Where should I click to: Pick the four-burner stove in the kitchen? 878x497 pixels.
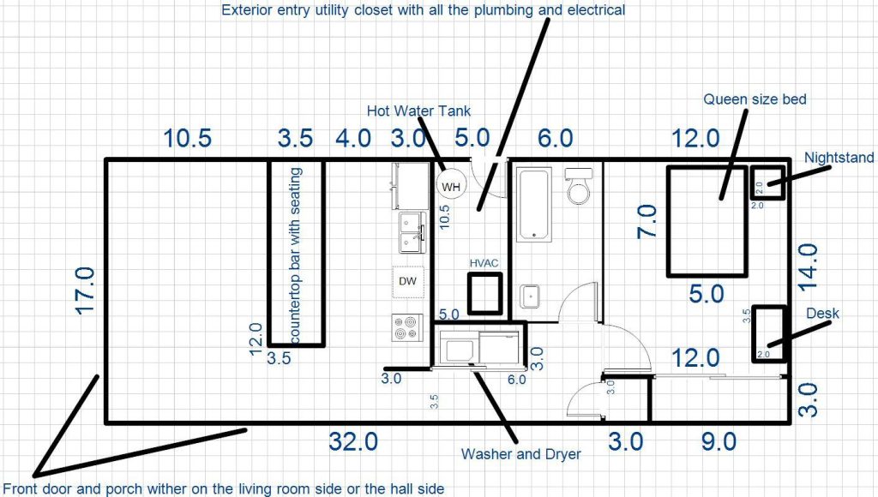(x=406, y=327)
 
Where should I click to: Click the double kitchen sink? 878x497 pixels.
(x=412, y=232)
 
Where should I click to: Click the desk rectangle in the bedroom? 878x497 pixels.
(x=768, y=332)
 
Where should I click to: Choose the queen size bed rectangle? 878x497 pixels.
(x=708, y=221)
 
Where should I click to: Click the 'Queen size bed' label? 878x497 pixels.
(x=755, y=99)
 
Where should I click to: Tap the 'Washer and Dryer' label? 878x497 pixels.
(x=520, y=454)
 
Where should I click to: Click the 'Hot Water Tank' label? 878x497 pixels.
(x=418, y=111)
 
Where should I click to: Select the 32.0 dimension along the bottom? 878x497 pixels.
(x=353, y=442)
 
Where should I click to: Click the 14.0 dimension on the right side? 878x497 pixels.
(x=809, y=268)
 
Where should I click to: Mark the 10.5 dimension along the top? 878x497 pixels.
(x=188, y=138)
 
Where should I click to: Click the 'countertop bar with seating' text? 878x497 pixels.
(x=296, y=254)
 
